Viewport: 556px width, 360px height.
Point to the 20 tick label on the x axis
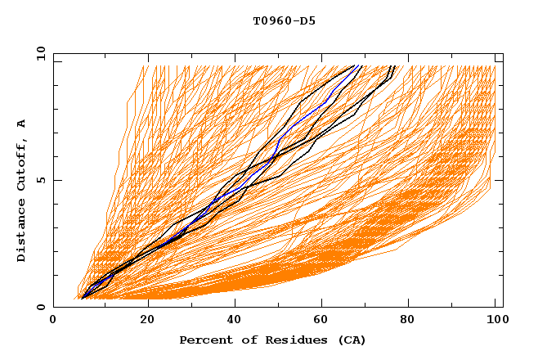pos(147,320)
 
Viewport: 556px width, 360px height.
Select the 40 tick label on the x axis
pos(236,320)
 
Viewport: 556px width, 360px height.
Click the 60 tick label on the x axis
pos(325,320)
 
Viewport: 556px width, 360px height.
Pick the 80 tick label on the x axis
pos(414,320)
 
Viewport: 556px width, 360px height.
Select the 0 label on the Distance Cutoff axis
pos(41,308)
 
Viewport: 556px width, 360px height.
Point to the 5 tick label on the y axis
pos(41,180)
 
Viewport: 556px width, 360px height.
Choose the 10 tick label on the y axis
pos(38,53)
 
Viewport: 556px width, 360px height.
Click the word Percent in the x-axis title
pos(204,340)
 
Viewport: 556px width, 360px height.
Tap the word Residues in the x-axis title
pos(293,340)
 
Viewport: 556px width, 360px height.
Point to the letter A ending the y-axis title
pos(21,123)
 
